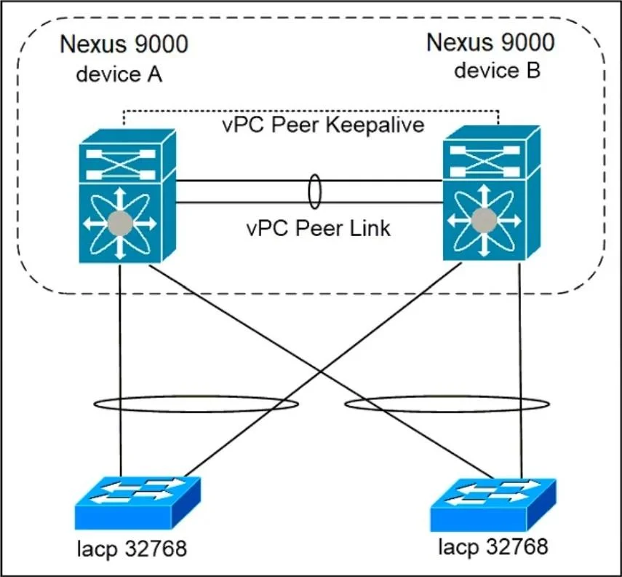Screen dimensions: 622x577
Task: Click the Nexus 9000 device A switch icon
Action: click(x=127, y=195)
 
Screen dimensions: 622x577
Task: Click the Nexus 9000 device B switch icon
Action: click(x=491, y=193)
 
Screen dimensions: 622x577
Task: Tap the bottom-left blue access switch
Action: click(x=137, y=503)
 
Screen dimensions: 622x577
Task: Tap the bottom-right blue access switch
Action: click(x=493, y=505)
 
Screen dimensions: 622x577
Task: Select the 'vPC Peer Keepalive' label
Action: click(x=323, y=125)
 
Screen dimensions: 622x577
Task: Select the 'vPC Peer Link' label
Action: click(x=319, y=229)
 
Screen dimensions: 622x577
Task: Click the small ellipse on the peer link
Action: click(x=315, y=175)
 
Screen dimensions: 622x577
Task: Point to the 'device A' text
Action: click(x=119, y=74)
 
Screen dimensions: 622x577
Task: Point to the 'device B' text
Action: click(x=497, y=71)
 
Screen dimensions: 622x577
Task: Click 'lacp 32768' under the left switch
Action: click(x=132, y=549)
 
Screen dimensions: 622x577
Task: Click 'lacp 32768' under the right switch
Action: click(x=493, y=546)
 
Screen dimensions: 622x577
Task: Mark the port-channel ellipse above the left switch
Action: click(x=196, y=396)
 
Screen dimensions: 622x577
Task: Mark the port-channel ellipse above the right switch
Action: click(x=447, y=396)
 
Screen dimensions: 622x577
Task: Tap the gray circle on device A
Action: click(x=120, y=224)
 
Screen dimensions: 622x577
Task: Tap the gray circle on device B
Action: click(x=484, y=221)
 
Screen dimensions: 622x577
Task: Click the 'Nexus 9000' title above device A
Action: click(x=124, y=44)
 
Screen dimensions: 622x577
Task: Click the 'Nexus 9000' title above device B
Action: click(x=491, y=42)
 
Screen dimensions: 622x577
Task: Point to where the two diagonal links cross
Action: click(x=321, y=371)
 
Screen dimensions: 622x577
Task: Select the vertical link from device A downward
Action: click(x=120, y=370)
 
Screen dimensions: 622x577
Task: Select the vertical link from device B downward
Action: click(x=520, y=370)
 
